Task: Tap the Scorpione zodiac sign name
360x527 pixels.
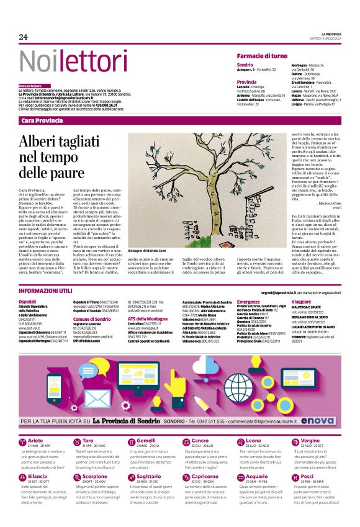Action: [95, 460]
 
